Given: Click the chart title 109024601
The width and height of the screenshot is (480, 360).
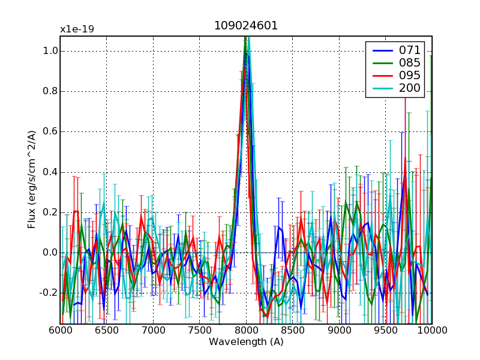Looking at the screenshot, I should [x=246, y=26].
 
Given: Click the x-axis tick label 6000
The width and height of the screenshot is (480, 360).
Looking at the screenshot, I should [x=60, y=331].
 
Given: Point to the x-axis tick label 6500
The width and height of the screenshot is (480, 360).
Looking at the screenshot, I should [x=106, y=331].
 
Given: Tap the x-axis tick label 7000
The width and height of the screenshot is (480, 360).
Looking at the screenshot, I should [x=153, y=331].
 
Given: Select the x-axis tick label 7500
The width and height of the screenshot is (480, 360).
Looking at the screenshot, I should [x=199, y=331].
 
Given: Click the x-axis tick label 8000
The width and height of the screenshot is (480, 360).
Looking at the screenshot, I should [x=246, y=331].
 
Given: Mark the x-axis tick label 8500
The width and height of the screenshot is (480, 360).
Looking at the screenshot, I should [x=292, y=331].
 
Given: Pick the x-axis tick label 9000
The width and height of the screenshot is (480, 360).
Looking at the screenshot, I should [x=339, y=331].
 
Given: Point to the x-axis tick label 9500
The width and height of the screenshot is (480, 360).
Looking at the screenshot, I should [x=385, y=331].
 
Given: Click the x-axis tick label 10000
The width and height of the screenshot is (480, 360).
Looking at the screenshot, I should [x=431, y=331].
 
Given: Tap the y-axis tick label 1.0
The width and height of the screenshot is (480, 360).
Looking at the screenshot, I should [x=49, y=52].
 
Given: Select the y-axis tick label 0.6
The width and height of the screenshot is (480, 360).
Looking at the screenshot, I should [x=49, y=132].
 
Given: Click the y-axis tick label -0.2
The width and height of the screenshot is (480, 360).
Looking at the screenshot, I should [x=47, y=293].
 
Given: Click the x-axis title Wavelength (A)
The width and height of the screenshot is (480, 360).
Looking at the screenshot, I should [x=246, y=343].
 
